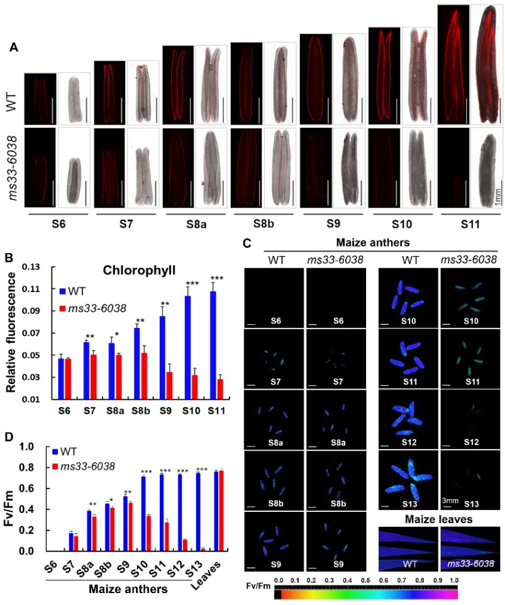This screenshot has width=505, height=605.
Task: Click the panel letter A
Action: point(14,47)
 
